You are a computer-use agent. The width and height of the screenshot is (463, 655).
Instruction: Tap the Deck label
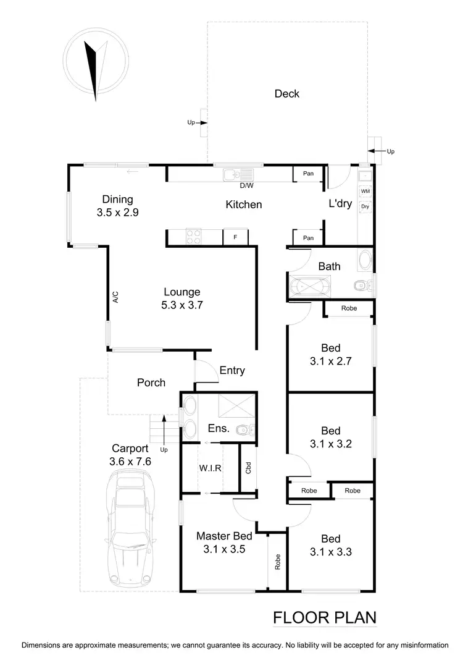[x=287, y=94]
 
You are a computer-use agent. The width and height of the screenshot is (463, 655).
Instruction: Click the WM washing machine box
[x=365, y=192]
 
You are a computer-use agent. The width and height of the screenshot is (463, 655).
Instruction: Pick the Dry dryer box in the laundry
[x=365, y=207]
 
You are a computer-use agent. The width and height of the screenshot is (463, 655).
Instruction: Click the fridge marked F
[x=235, y=237]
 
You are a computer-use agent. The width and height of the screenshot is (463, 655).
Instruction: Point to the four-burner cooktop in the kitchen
[x=193, y=237]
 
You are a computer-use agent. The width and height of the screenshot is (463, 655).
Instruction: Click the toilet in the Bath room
[x=361, y=285]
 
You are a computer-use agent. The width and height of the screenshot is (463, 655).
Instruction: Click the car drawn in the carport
[x=131, y=528]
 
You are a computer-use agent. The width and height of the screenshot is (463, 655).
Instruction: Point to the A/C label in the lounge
[x=115, y=298]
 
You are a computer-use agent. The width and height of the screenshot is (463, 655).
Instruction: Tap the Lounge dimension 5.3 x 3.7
[x=181, y=304]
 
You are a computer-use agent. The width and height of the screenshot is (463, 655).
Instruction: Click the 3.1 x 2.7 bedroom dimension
[x=330, y=361]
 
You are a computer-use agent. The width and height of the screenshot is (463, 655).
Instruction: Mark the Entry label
[x=232, y=371]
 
